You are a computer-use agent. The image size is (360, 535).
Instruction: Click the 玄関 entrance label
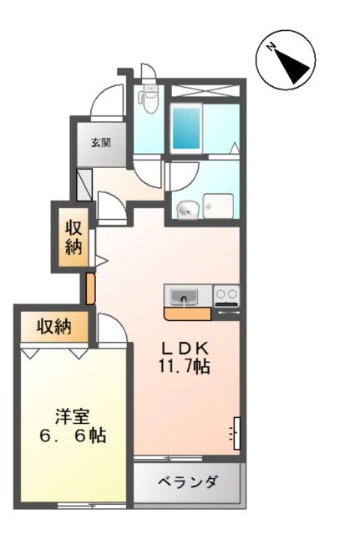point(101,143)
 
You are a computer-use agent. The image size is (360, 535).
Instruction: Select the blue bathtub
point(185,128)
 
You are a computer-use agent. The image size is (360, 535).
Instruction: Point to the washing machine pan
point(218,206)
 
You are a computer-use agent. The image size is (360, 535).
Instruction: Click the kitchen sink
point(184,297)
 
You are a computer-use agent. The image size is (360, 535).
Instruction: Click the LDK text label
point(185,349)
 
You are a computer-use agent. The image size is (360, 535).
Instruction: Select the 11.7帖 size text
point(184,366)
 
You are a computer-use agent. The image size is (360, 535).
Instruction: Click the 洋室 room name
point(73,416)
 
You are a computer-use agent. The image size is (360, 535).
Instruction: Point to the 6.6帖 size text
point(73,436)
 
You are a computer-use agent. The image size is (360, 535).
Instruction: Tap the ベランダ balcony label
point(187,482)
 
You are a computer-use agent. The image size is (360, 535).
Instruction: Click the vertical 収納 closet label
point(74,237)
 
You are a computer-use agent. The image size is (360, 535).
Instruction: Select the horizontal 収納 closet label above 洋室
point(54,327)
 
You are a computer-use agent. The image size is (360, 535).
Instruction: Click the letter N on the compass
point(271,47)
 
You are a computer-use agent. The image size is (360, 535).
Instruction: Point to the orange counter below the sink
point(188,314)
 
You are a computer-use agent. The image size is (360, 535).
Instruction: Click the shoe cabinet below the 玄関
point(84,185)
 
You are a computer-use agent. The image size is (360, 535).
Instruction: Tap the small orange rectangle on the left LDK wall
point(90,288)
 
